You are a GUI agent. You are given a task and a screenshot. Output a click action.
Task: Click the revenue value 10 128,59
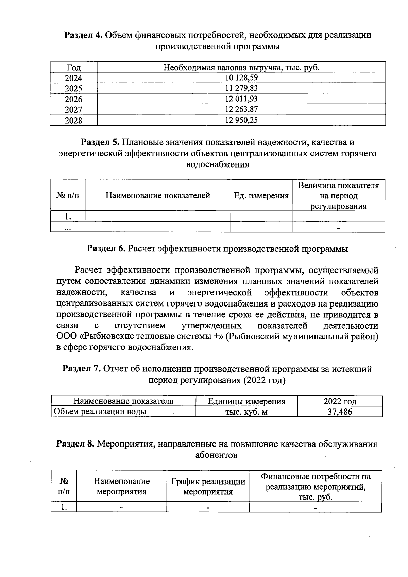pyautogui.click(x=241, y=78)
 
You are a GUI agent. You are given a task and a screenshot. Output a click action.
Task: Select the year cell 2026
pyautogui.click(x=73, y=99)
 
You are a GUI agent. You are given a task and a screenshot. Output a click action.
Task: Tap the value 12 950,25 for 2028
pyautogui.click(x=241, y=120)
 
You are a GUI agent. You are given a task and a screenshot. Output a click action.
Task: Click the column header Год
pyautogui.click(x=73, y=67)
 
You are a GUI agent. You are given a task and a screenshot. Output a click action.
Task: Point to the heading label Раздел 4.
pyautogui.click(x=83, y=35)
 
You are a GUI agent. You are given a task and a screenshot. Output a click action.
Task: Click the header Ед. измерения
pyautogui.click(x=261, y=196)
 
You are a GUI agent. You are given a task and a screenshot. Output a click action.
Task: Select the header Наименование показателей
pyautogui.click(x=158, y=195)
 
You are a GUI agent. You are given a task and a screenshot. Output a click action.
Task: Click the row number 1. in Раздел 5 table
pyautogui.click(x=68, y=216)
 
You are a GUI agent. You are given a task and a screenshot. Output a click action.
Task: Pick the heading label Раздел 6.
pyautogui.click(x=106, y=249)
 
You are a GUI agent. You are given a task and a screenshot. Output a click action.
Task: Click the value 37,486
pyautogui.click(x=340, y=412)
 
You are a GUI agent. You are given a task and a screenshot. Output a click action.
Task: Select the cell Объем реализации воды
pyautogui.click(x=101, y=412)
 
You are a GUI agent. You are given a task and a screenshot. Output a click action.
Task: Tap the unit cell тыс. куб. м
pyautogui.click(x=247, y=412)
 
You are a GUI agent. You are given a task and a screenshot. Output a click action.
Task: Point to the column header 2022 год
pyautogui.click(x=340, y=401)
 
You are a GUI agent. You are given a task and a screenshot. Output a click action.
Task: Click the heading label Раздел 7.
pyautogui.click(x=81, y=369)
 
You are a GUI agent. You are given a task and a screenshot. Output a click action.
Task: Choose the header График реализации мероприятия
pyautogui.click(x=208, y=486)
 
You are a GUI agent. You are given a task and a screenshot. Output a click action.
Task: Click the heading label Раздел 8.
pyautogui.click(x=75, y=444)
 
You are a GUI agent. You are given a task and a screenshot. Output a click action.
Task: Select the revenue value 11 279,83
pyautogui.click(x=241, y=88)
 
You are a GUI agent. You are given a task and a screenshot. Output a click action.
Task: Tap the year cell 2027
pyautogui.click(x=73, y=110)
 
